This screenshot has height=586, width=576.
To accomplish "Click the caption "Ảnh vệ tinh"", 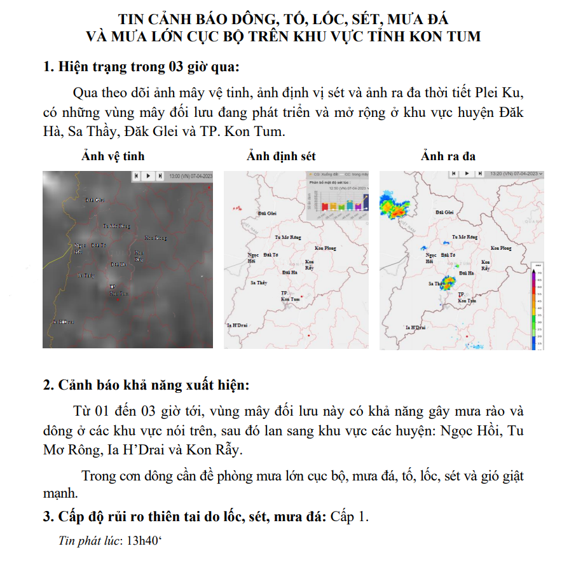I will (113, 156).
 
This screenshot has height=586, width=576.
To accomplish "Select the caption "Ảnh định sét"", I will (281, 156).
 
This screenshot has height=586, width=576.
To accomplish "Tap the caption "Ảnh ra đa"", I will (448, 156).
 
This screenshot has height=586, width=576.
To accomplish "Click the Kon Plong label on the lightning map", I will (325, 248).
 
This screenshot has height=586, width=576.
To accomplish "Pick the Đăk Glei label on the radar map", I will (444, 212).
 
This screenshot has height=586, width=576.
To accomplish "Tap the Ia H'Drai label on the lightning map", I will (236, 325).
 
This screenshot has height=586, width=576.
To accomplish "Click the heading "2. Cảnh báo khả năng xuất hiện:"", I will (146, 385).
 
